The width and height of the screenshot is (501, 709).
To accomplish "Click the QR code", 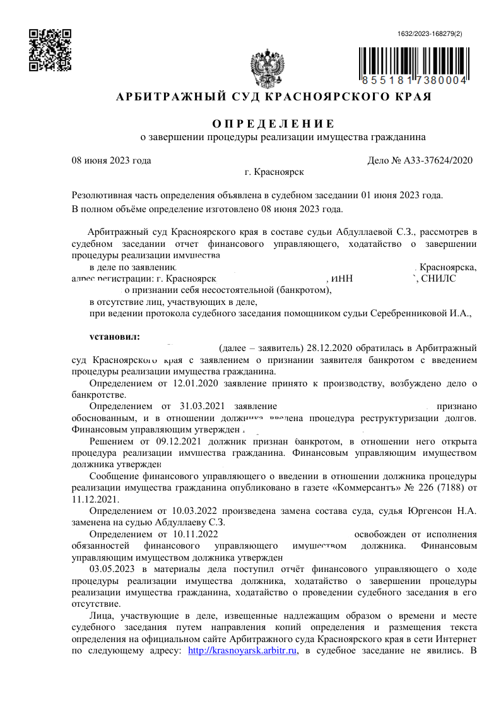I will (x=50, y=50).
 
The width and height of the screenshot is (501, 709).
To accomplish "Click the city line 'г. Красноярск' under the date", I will (x=274, y=172).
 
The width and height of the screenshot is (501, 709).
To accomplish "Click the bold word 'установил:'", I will (x=114, y=336).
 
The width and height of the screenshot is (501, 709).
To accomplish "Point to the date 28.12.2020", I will (x=327, y=348).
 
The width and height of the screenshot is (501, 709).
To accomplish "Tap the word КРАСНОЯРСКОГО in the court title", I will (x=327, y=97).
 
